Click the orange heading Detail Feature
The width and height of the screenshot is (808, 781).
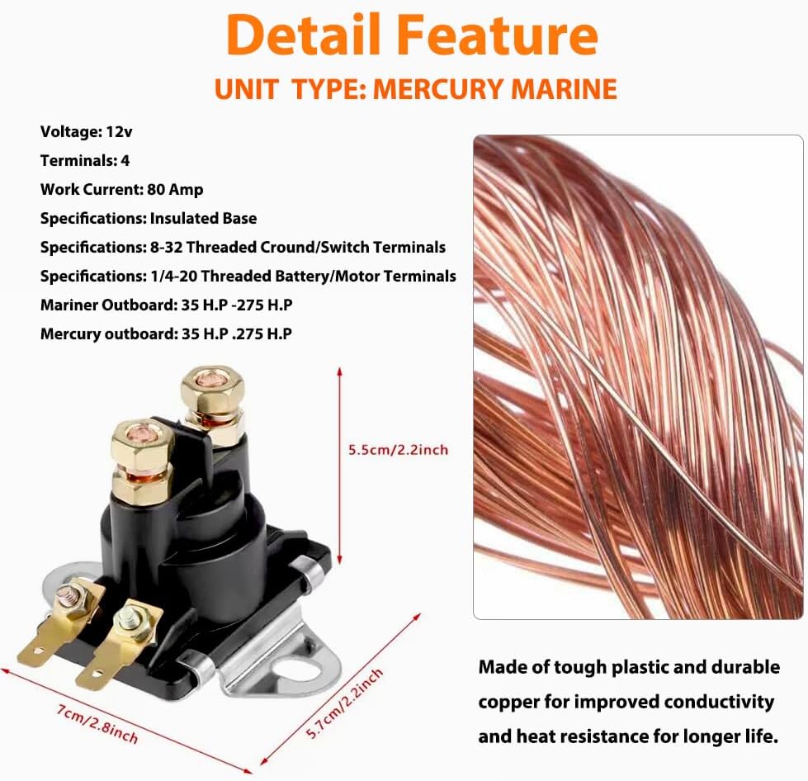click(x=412, y=35)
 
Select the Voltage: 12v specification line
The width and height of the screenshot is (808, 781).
click(x=86, y=132)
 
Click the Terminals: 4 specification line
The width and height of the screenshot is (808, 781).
click(x=85, y=161)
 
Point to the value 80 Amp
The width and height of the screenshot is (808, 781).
click(x=175, y=190)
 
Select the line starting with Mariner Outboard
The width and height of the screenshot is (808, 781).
click(x=167, y=305)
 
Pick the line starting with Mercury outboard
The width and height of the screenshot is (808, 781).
click(x=166, y=334)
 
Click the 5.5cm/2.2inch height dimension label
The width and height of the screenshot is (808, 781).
click(x=399, y=450)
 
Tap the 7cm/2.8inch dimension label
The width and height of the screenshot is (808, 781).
click(x=97, y=725)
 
